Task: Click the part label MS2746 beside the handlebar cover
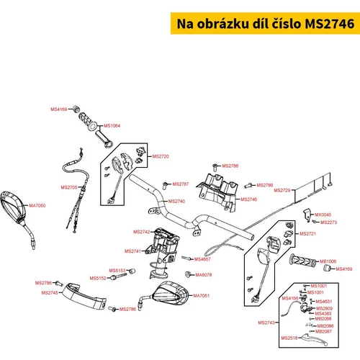(248, 199)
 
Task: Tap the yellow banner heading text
(266, 24)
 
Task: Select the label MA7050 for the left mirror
(37, 205)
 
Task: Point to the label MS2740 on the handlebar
(176, 201)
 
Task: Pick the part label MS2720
(161, 156)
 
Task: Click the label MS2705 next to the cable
(69, 187)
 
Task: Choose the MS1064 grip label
(112, 126)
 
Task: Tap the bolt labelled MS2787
(166, 186)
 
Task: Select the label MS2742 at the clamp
(142, 232)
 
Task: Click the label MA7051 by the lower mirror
(202, 296)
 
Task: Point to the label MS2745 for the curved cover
(50, 293)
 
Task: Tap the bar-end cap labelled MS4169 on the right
(327, 268)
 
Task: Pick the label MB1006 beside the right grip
(328, 261)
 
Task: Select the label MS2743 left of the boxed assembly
(266, 323)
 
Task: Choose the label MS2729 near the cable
(282, 190)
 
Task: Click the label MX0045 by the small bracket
(323, 215)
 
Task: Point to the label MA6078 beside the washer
(204, 275)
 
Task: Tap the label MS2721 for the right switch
(308, 233)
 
